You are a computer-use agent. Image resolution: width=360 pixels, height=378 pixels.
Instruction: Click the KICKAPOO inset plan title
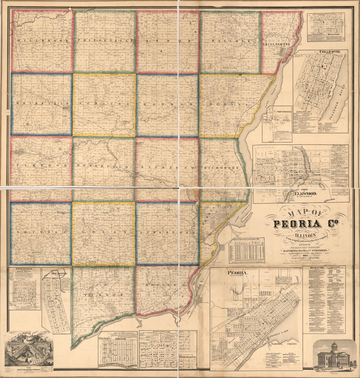click(335, 34)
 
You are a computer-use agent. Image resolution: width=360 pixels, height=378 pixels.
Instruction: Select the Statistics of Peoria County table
click(246, 251)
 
